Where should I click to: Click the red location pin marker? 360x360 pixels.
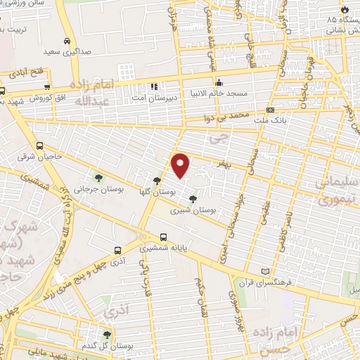(x=181, y=165)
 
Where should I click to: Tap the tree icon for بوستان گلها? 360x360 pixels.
(x=157, y=181)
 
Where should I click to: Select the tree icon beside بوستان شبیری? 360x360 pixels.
(x=193, y=200)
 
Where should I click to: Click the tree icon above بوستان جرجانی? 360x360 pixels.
(x=98, y=176)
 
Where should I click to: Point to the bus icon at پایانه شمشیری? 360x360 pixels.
(x=163, y=237)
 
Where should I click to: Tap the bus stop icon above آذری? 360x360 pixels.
(x=118, y=249)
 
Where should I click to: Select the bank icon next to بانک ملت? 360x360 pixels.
(x=270, y=110)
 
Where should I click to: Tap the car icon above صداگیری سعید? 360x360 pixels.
(x=66, y=41)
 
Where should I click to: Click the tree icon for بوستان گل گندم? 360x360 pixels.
(x=106, y=335)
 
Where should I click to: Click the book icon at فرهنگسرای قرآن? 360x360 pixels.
(x=264, y=271)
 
